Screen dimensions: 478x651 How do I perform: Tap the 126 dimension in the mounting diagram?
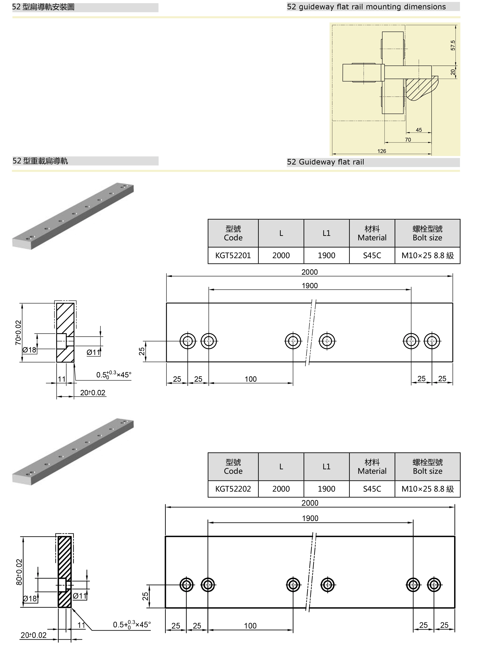[382, 151]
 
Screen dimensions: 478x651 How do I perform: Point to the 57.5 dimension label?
[453, 45]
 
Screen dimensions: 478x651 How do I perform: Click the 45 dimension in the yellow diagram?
[419, 130]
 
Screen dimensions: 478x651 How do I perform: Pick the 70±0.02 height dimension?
[18, 333]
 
